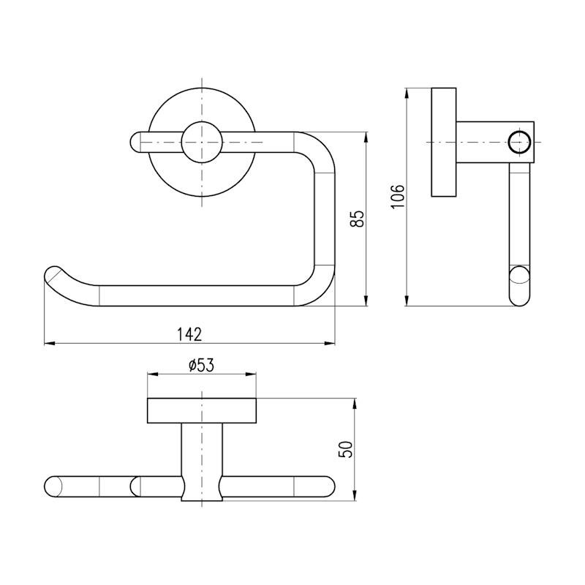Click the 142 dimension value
pyautogui.click(x=189, y=334)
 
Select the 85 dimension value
pyautogui.click(x=357, y=218)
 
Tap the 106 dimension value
pyautogui.click(x=398, y=197)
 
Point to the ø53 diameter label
pyautogui.click(x=201, y=366)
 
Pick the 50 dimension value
pyautogui.click(x=345, y=449)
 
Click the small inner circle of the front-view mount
pyautogui.click(x=202, y=142)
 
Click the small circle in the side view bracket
pyautogui.click(x=519, y=142)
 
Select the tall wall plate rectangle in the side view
pyautogui.click(x=444, y=142)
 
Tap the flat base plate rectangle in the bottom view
pyautogui.click(x=202, y=410)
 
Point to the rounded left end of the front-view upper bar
pyautogui.click(x=135, y=142)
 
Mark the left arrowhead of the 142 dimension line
pyautogui.click(x=49, y=343)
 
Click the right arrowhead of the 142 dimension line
pyautogui.click(x=330, y=343)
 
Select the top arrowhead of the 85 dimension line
pyautogui.click(x=367, y=137)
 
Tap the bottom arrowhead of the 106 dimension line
pyautogui.click(x=407, y=301)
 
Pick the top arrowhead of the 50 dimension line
pyautogui.click(x=355, y=404)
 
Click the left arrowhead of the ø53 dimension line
pyautogui.click(x=153, y=374)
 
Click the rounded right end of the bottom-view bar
pyautogui.click(x=328, y=486)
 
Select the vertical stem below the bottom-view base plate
pyautogui.click(x=202, y=462)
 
